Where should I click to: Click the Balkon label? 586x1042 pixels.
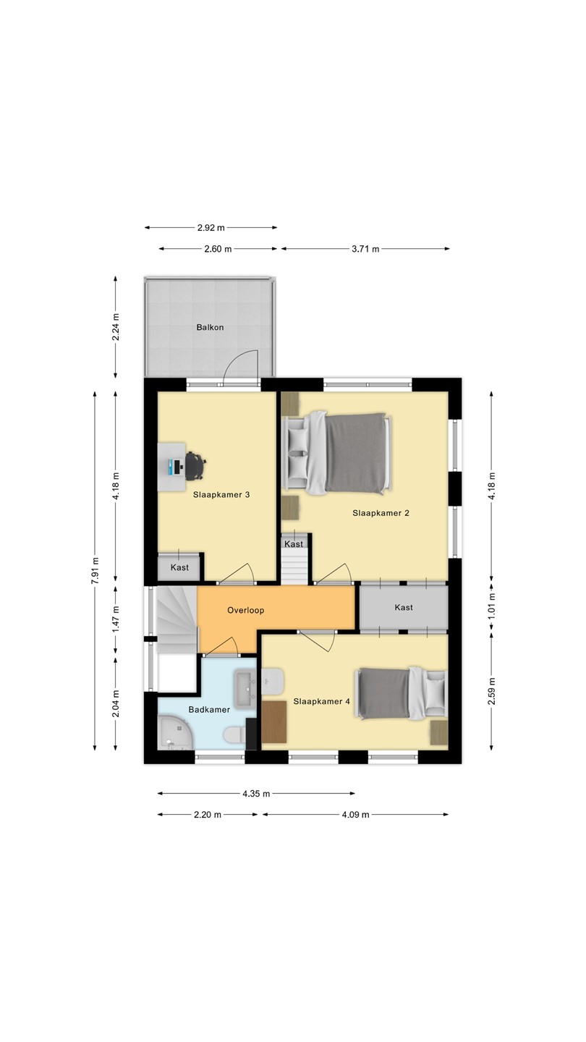pyautogui.click(x=210, y=328)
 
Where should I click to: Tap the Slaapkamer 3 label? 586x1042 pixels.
pyautogui.click(x=221, y=495)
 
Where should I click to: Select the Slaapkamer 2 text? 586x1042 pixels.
pyautogui.click(x=381, y=514)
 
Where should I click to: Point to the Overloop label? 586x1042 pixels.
pyautogui.click(x=245, y=610)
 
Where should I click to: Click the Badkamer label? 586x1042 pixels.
pyautogui.click(x=209, y=710)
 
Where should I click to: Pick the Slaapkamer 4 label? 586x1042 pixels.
pyautogui.click(x=321, y=701)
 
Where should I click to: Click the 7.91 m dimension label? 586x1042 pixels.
pyautogui.click(x=95, y=570)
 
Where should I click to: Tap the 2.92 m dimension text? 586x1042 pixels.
pyautogui.click(x=211, y=228)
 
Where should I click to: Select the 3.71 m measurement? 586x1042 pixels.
pyautogui.click(x=365, y=249)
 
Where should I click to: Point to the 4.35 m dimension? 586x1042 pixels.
pyautogui.click(x=256, y=794)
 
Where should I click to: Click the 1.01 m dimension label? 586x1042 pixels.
pyautogui.click(x=492, y=606)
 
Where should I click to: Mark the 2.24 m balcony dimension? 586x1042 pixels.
pyautogui.click(x=116, y=327)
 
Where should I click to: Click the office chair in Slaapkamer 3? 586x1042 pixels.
pyautogui.click(x=195, y=466)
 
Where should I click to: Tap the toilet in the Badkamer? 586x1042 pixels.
pyautogui.click(x=235, y=735)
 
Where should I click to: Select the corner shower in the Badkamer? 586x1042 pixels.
pyautogui.click(x=175, y=734)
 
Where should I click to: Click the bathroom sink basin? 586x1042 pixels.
pyautogui.click(x=245, y=689)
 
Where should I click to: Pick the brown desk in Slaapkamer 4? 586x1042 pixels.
pyautogui.click(x=274, y=721)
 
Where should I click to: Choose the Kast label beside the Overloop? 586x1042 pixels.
pyautogui.click(x=404, y=608)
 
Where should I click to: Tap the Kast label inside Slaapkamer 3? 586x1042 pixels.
pyautogui.click(x=179, y=567)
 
